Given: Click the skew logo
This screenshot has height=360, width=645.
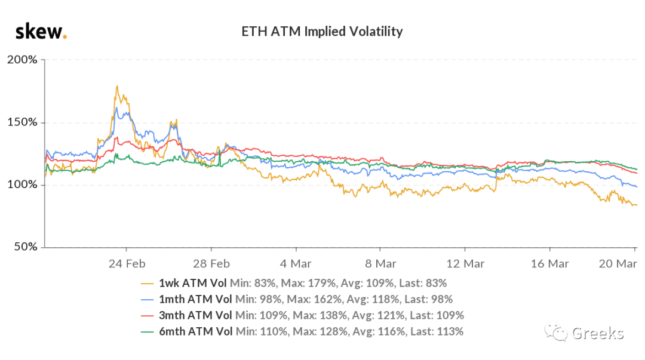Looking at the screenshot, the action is (41, 32).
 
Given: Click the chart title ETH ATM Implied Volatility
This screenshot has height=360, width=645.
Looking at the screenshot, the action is (322, 32).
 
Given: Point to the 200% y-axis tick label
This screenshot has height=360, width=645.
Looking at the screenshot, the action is (22, 60).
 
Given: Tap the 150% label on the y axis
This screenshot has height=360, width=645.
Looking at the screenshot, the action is (22, 122).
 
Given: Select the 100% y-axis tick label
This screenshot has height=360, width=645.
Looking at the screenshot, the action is (22, 184).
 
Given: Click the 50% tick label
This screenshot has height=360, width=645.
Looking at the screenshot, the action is (26, 247).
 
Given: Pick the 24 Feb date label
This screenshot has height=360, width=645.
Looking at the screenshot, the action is (127, 264).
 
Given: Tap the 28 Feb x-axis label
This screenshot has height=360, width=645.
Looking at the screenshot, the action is (211, 264).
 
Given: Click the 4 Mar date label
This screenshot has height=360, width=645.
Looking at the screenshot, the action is (296, 264).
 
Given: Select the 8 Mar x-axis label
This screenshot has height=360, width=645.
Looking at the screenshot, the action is (380, 264).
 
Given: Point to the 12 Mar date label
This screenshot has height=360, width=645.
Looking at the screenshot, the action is (465, 264).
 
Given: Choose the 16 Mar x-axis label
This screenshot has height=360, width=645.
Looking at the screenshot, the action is (549, 264).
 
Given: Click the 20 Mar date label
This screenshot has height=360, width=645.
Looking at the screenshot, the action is (618, 264).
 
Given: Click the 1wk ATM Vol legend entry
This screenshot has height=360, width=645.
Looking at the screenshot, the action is (192, 283).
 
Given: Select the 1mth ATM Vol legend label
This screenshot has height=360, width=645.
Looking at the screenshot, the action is (195, 299).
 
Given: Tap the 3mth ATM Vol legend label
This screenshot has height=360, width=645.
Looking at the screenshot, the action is (195, 315).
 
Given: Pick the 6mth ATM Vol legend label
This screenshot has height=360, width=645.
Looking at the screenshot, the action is (196, 331).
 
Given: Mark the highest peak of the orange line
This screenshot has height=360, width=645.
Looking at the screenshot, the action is (118, 86).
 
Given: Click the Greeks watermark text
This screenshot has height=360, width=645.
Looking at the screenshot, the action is (598, 333).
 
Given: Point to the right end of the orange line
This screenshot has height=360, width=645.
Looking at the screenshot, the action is (637, 205).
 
